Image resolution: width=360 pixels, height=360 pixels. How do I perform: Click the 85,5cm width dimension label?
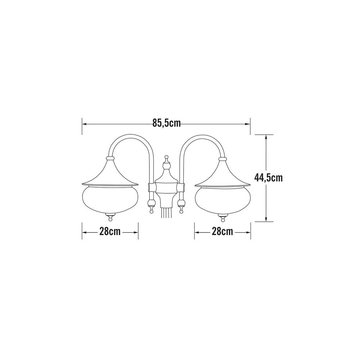tap(166, 123)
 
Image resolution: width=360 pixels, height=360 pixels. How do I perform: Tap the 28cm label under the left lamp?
tap(110, 232)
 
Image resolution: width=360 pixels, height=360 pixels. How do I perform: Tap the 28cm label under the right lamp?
tap(222, 232)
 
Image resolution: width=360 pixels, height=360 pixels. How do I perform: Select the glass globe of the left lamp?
tap(111, 199)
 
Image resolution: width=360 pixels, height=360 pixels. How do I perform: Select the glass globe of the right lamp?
tap(222, 199)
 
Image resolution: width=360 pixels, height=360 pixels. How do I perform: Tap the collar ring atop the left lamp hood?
tap(110, 158)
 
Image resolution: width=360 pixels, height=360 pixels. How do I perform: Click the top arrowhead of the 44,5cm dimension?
tap(266, 137)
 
